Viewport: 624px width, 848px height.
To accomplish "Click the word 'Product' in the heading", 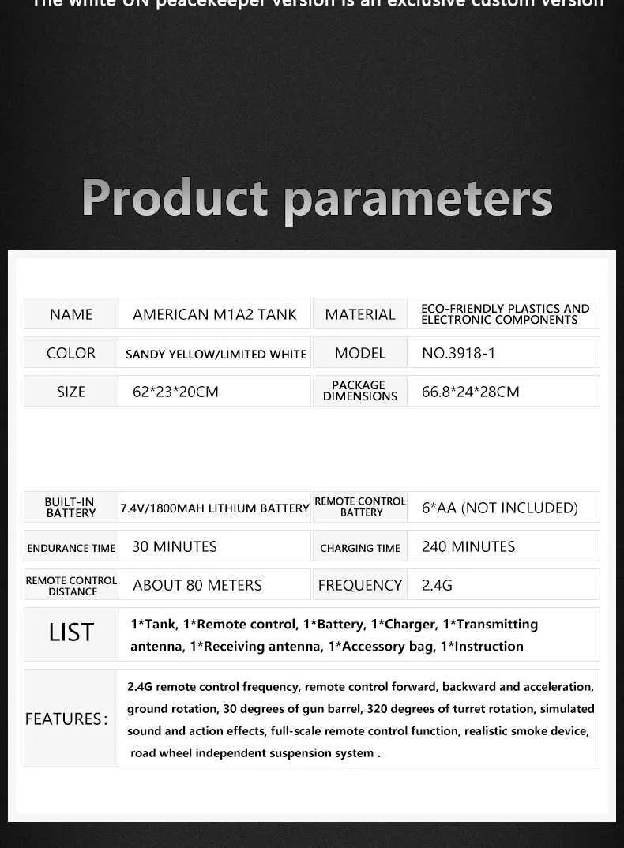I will coord(175,198).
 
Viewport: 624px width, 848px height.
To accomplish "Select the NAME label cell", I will coord(71,314).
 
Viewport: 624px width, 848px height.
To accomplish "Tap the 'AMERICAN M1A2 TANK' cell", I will coord(215,314).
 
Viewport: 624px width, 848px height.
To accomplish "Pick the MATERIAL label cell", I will coord(360,314).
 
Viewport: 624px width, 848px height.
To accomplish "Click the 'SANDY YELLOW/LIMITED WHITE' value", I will coord(216,354).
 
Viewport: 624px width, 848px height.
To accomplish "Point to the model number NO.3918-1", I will coord(459,353).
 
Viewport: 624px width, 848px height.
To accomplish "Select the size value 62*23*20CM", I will coord(175,392).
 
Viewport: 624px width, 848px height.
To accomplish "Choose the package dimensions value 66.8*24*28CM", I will coord(471,392).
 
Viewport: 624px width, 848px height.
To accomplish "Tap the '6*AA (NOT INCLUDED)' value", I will coord(500,508).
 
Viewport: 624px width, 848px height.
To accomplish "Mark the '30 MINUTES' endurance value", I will coord(175,546).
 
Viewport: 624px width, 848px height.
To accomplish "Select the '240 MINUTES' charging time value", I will coord(468,546).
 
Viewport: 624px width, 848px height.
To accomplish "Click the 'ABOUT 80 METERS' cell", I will coord(197,585).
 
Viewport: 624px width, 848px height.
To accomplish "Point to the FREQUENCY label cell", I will coord(360,585).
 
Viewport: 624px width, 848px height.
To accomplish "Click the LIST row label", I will coord(71,632).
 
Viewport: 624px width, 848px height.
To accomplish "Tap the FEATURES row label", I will coord(66,719).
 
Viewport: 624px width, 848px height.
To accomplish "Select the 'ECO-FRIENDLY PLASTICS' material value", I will coord(505,314).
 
